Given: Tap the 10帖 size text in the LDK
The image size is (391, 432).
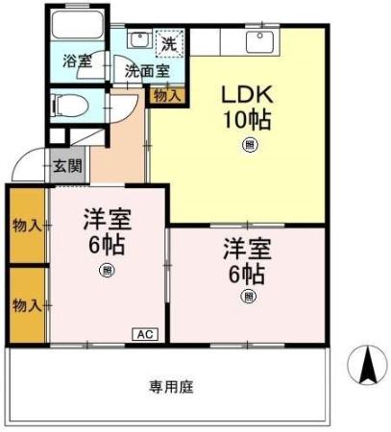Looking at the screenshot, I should (247, 121).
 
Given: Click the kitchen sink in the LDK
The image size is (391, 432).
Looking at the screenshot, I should (258, 41).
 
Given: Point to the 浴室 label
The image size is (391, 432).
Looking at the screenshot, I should (78, 60).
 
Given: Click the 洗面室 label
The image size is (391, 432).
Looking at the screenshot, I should (146, 70).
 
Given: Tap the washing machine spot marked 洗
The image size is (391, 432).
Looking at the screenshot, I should (168, 43).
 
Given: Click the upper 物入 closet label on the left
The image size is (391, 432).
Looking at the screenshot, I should (26, 226).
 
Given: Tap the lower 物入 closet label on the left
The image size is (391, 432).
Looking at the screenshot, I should (26, 304).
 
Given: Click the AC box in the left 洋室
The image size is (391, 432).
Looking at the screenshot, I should (143, 334).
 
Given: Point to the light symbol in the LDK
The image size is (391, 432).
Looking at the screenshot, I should (250, 145).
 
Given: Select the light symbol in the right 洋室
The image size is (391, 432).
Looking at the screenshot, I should (247, 297).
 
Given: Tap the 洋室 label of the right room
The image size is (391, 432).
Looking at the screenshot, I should (247, 248).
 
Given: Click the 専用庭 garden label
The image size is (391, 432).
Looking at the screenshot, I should (171, 386).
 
